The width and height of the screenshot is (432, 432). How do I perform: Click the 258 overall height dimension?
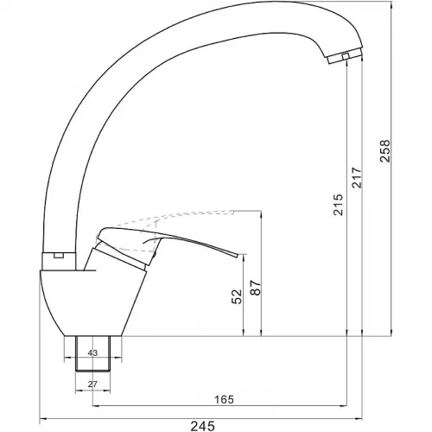point(384,151)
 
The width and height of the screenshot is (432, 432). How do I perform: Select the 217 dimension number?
point(357,177)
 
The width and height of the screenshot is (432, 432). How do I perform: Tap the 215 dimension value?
point(339,205)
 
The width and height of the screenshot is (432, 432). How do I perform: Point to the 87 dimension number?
point(256,288)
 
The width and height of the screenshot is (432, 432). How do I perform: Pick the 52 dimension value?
point(237,296)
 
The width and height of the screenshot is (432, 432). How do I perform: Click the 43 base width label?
point(92,353)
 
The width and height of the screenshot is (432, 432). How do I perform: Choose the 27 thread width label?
point(92,384)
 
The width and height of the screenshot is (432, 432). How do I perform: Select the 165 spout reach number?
point(224,399)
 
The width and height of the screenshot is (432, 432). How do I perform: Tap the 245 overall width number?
point(203,426)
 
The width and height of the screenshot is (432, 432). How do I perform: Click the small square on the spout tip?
point(346,56)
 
